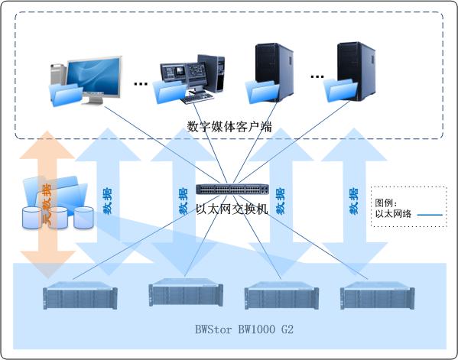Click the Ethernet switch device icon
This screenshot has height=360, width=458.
(232, 190)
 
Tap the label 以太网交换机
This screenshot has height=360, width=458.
(232, 209)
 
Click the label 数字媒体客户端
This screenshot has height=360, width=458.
(229, 127)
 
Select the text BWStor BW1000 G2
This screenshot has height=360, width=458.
(244, 329)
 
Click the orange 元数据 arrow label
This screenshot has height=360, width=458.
(47, 204)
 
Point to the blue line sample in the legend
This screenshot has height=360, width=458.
(430, 215)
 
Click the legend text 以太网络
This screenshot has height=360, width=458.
(393, 214)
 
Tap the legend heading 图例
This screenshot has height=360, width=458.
(385, 203)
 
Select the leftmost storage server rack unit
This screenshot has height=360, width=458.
(80, 295)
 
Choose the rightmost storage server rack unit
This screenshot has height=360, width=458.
(377, 295)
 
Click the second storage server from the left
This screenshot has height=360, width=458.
(186, 293)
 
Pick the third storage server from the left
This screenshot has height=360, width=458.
(281, 295)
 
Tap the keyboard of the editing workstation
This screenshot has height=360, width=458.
(197, 98)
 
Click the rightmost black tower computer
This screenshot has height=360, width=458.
(356, 71)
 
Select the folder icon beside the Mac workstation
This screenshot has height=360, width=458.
(66, 94)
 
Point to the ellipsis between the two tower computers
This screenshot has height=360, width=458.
(317, 76)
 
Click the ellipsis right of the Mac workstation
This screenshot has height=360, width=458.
(141, 84)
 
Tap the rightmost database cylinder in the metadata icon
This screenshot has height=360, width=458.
(83, 217)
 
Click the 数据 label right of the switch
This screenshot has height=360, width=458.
(281, 201)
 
